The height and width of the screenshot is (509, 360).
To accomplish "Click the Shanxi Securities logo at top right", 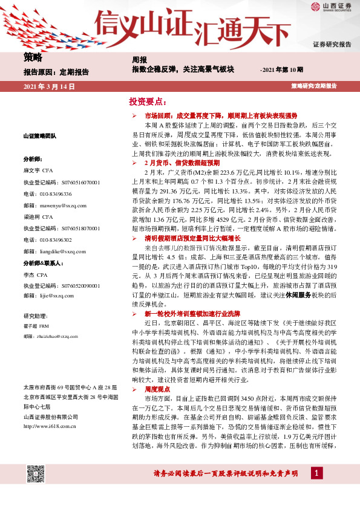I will (x=330, y=8).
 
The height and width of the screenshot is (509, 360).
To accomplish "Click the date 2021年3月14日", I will (x=48, y=86).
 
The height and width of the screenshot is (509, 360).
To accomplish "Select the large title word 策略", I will (x=33, y=58).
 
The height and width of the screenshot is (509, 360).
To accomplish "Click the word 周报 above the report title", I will (x=139, y=60).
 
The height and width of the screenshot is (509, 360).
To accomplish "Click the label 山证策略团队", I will (x=39, y=137).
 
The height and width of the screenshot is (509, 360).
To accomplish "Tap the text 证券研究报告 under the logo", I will (x=332, y=45).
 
